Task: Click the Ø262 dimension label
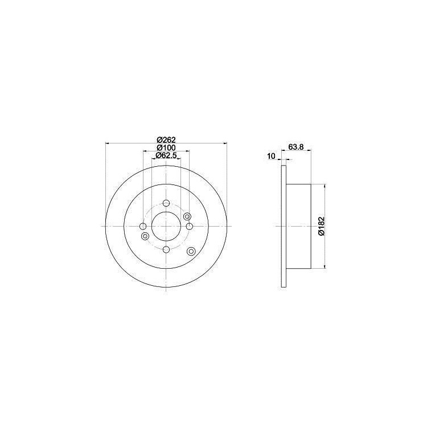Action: click(x=166, y=140)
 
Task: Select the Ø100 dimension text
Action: click(x=166, y=147)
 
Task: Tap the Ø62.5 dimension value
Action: click(x=166, y=155)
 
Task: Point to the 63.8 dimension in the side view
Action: click(x=295, y=147)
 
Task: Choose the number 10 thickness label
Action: click(x=271, y=156)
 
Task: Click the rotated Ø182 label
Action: click(x=321, y=226)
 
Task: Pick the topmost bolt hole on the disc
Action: click(x=166, y=203)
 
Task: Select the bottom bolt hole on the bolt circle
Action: click(x=166, y=249)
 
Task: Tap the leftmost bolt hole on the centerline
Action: click(x=143, y=226)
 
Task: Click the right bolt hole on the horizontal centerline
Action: click(x=189, y=226)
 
